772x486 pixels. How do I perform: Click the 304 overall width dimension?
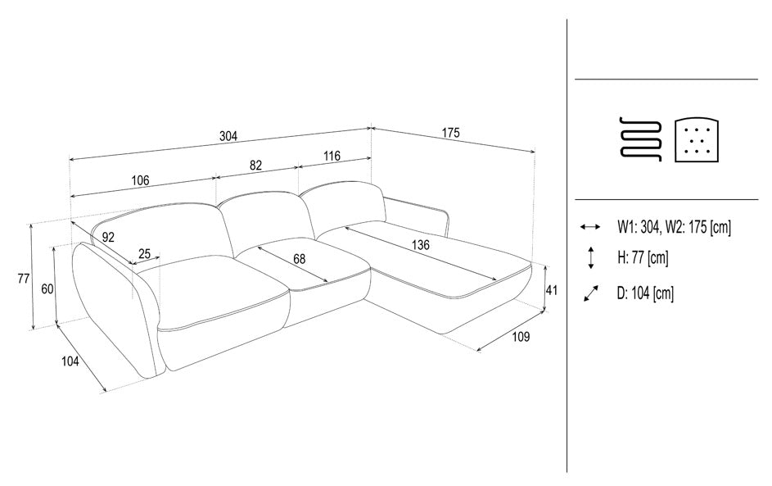click(228, 136)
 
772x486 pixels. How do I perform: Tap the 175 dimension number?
click(450, 133)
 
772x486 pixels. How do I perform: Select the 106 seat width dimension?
click(140, 180)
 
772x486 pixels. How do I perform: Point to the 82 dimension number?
click(255, 165)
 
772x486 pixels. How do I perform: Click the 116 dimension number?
click(332, 156)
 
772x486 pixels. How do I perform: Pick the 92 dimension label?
click(108, 237)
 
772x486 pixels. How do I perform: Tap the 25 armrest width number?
click(144, 254)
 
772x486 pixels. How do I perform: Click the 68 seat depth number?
click(299, 259)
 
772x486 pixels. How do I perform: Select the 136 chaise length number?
click(421, 244)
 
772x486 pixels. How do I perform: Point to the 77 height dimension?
click(24, 279)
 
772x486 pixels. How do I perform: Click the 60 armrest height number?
click(47, 289)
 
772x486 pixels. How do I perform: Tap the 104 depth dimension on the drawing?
click(70, 361)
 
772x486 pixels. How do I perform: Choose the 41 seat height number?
click(552, 290)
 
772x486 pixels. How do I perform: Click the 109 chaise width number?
click(521, 337)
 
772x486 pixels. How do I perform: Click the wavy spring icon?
click(640, 139)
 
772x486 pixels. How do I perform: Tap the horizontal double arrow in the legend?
click(590, 227)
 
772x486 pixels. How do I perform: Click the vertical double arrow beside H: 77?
click(591, 258)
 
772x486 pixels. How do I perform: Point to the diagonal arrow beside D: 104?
click(591, 293)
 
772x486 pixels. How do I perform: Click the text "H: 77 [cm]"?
click(643, 257)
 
